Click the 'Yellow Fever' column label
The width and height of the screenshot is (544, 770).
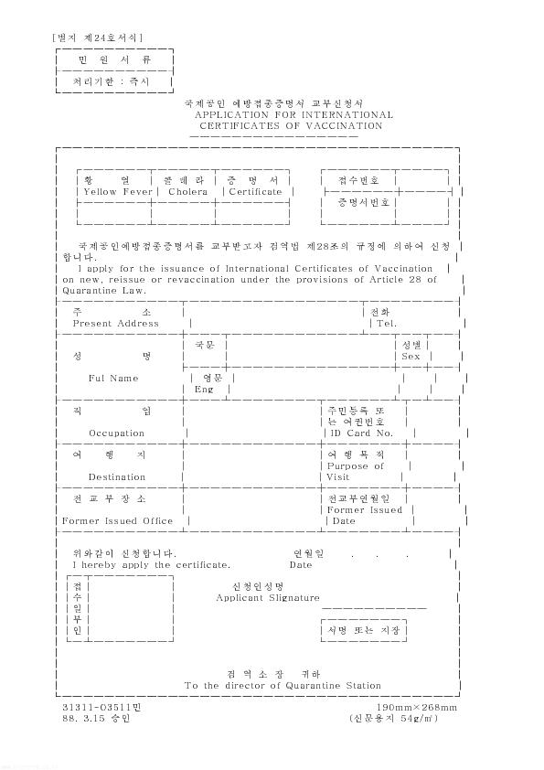click(118, 192)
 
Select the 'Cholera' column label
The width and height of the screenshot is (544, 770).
click(187, 192)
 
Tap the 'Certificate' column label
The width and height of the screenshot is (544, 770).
click(255, 192)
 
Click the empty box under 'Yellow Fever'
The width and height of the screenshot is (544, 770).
click(114, 212)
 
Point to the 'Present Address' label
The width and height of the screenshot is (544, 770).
click(116, 324)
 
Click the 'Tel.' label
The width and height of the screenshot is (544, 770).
click(387, 324)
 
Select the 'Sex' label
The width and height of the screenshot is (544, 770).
click(411, 357)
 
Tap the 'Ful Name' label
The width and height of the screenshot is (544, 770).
click(113, 378)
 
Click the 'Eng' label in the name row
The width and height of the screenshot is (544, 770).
click(204, 390)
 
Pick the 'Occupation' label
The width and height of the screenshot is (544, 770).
click(116, 433)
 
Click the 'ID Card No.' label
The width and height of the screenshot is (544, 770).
click(361, 433)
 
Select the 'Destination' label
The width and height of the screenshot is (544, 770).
click(117, 476)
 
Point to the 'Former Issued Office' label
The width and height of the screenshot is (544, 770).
click(117, 521)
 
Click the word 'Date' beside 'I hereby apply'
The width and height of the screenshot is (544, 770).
click(301, 565)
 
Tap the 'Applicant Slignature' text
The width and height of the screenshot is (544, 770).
click(268, 598)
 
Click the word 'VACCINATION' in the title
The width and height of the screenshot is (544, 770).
click(344, 125)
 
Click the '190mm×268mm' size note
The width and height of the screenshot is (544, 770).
click(417, 708)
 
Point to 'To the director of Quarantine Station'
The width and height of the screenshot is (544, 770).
click(283, 686)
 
